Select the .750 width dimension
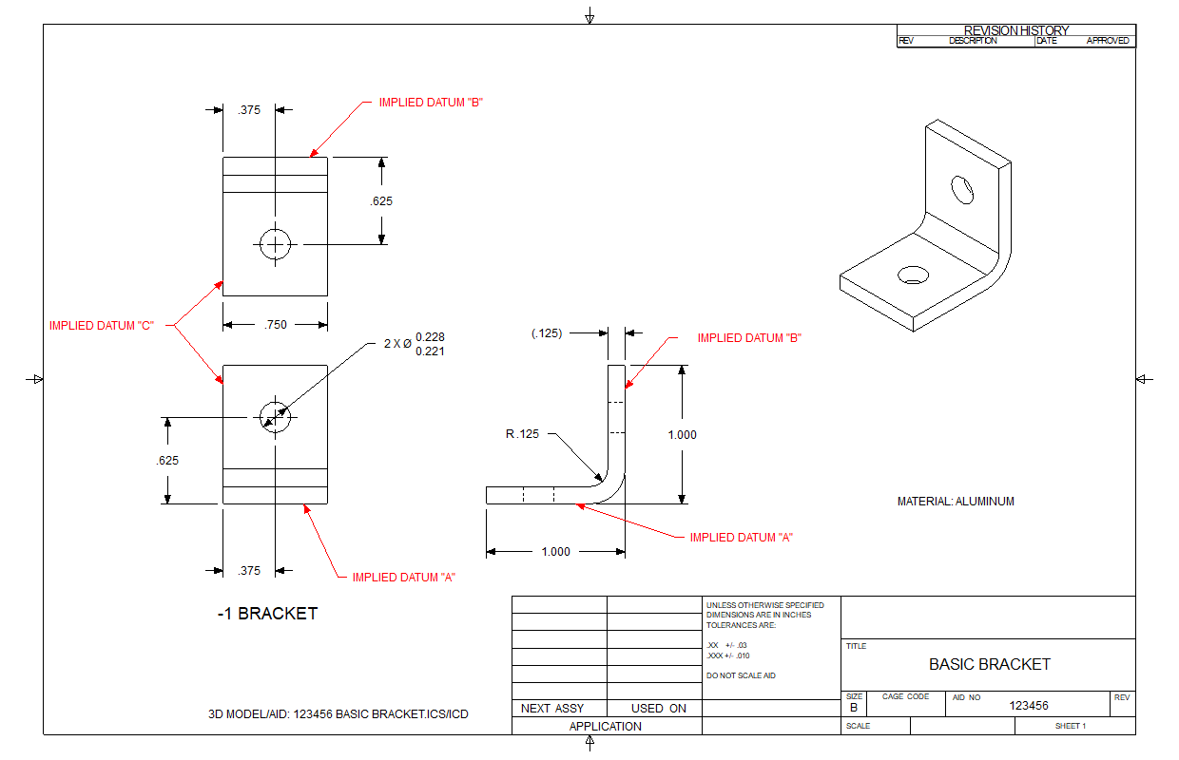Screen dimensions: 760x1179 pyautogui.click(x=276, y=325)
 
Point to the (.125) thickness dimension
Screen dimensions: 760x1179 pyautogui.click(x=547, y=333)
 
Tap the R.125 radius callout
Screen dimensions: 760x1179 pyautogui.click(x=522, y=434)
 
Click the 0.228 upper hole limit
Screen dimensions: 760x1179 pyautogui.click(x=430, y=337)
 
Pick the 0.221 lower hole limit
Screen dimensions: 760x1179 pyautogui.click(x=430, y=351)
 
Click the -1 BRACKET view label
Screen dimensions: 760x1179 pyautogui.click(x=267, y=614)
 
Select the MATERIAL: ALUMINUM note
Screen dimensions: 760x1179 pyautogui.click(x=956, y=502)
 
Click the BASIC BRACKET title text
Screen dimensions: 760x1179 pyautogui.click(x=989, y=664)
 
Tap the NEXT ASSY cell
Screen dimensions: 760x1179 pyautogui.click(x=552, y=709)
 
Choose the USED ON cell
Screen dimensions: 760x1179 pyautogui.click(x=658, y=709)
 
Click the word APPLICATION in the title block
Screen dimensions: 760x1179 pyautogui.click(x=606, y=727)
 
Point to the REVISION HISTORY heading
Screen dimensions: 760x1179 pyautogui.click(x=1016, y=30)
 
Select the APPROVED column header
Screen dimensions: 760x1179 pyautogui.click(x=1108, y=41)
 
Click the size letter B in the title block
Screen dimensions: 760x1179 pyautogui.click(x=854, y=708)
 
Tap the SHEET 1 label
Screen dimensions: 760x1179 pyautogui.click(x=1070, y=727)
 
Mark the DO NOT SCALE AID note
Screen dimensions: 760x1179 pyautogui.click(x=742, y=674)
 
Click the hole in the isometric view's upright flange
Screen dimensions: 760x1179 pyautogui.click(x=963, y=189)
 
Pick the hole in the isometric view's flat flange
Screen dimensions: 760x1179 pyautogui.click(x=914, y=275)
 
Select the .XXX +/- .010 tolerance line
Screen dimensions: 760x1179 pyautogui.click(x=728, y=655)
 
